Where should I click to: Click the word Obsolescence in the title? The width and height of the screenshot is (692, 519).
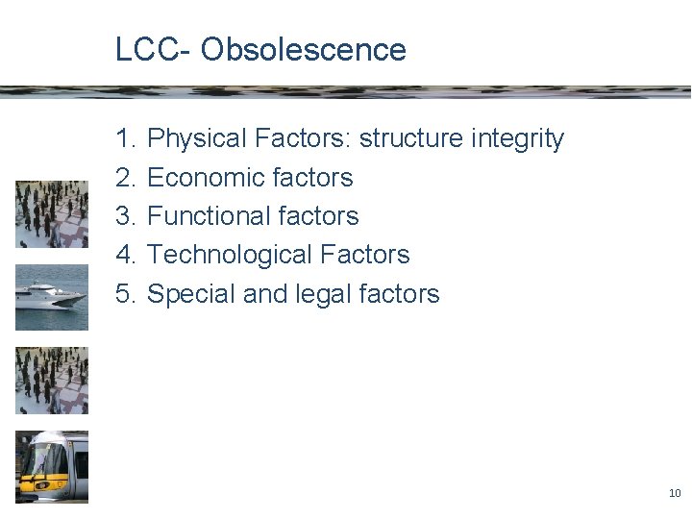pos(304,49)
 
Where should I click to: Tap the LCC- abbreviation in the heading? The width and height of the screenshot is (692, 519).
pos(154,49)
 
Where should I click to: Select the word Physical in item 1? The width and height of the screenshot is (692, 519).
pos(198,139)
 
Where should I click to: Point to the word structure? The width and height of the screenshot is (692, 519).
pos(410,139)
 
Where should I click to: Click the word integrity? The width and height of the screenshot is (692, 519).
pos(517,139)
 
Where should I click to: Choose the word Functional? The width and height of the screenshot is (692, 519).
pos(206,216)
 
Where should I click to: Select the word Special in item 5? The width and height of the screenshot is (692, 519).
pos(191,294)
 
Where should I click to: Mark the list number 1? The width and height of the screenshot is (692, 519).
pos(125,139)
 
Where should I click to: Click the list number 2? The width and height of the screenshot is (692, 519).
pos(125,178)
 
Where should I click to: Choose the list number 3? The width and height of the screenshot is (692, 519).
pos(125,216)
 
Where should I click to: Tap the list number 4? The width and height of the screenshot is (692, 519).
pos(125,255)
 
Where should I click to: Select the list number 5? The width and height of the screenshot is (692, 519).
pos(125,294)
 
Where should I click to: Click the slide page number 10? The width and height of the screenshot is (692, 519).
pos(674,493)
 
